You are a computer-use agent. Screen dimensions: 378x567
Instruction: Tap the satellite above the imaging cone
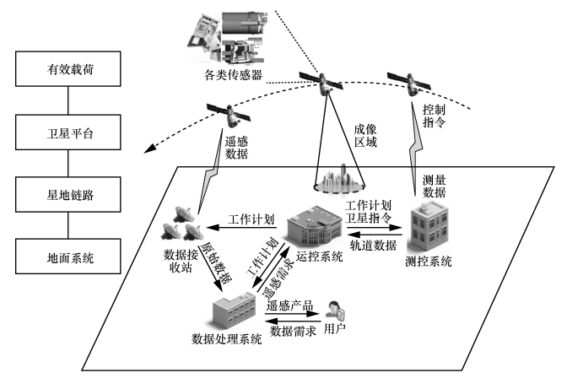tap(325, 82)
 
